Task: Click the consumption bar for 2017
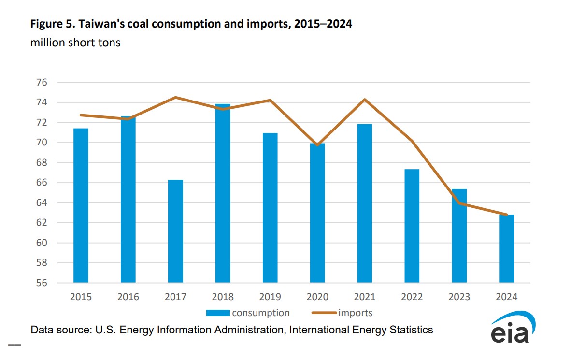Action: [175, 231]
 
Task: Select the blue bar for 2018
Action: [223, 193]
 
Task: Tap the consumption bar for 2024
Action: [506, 248]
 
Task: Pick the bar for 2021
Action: [365, 203]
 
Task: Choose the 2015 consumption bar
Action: [81, 205]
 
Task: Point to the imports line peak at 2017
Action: [175, 98]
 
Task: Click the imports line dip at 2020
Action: [317, 145]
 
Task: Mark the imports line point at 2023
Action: [459, 203]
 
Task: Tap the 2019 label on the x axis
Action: [270, 297]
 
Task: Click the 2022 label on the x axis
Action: [412, 297]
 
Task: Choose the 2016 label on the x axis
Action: [128, 297]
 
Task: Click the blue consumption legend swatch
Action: [218, 313]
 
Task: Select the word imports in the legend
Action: [355, 313]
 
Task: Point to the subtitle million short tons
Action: [75, 43]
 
